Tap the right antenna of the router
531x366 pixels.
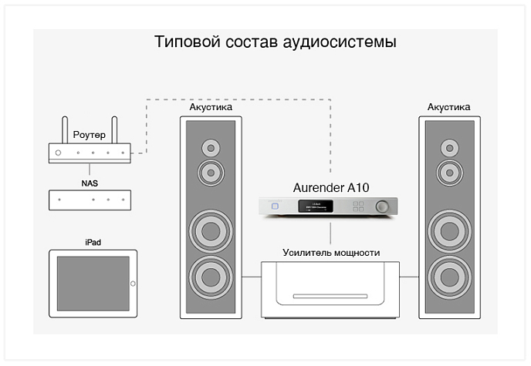115,129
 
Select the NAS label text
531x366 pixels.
90,183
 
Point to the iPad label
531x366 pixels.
93,242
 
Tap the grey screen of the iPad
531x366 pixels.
90,283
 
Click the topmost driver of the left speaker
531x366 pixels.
211,147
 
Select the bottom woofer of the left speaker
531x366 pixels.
211,275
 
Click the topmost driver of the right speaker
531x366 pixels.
449,147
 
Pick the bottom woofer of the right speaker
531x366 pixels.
449,275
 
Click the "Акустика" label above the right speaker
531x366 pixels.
449,106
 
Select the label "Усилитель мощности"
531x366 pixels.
331,252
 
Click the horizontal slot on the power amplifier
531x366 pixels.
331,296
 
